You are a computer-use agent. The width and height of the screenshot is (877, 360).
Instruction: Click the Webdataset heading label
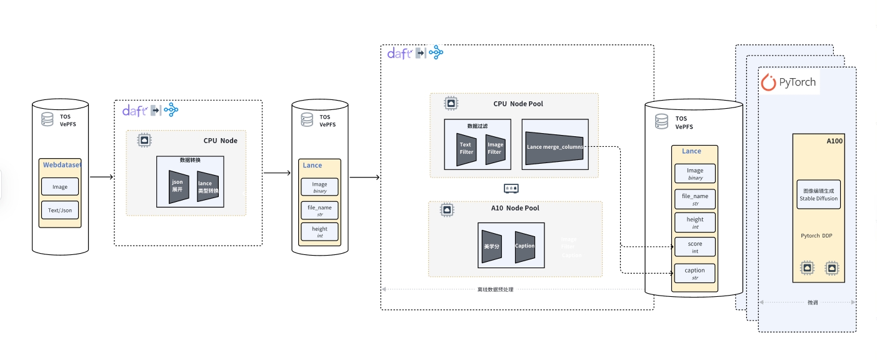pos(62,165)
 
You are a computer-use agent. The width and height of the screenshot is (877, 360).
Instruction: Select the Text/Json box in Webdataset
pos(60,210)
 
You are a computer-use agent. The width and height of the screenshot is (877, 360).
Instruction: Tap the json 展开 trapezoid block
pos(178,186)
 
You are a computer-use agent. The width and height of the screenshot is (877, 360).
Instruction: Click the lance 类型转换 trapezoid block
pos(208,186)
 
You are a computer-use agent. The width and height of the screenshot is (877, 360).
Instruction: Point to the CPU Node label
pos(220,141)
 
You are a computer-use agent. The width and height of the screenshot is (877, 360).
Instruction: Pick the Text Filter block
pos(466,149)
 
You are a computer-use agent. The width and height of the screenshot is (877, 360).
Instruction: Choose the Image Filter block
pos(494,149)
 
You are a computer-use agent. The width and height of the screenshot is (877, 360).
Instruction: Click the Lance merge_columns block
pos(554,147)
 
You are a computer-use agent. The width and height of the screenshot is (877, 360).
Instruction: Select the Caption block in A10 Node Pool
pos(524,246)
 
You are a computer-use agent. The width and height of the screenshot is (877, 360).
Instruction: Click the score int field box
pos(694,247)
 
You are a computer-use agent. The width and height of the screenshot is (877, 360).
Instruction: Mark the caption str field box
pos(694,273)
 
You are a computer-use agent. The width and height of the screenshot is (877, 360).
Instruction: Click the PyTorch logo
pos(789,82)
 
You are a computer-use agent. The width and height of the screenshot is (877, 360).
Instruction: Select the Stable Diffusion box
pos(818,194)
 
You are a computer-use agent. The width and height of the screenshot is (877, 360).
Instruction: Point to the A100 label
pos(834,141)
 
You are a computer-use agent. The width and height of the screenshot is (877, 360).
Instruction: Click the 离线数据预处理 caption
pos(494,289)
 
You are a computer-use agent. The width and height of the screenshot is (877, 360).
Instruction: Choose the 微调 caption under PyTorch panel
pos(812,302)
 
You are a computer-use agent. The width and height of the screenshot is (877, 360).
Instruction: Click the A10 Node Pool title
pos(514,208)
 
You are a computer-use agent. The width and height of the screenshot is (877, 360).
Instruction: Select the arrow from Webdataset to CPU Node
pos(101,177)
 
